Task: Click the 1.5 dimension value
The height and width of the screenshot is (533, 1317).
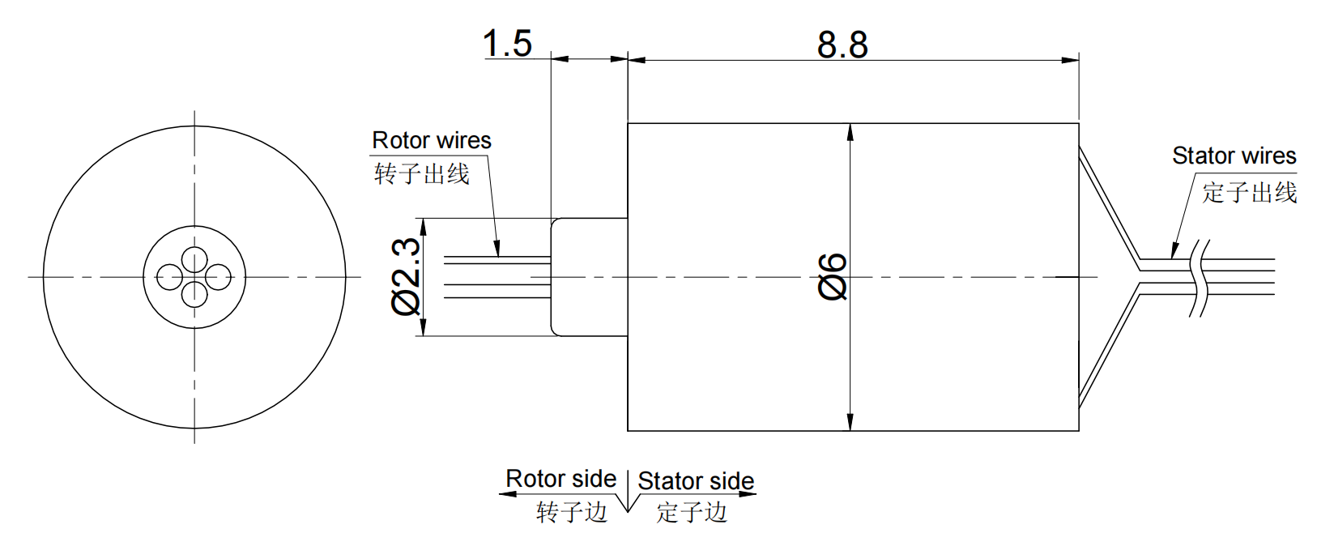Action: coord(507,44)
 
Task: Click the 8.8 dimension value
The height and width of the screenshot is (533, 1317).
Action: coord(842,45)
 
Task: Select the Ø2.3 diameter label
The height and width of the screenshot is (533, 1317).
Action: coord(407,276)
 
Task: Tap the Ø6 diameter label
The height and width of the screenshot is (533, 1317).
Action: coord(833,276)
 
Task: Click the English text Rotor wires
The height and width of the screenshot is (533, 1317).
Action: coord(432,141)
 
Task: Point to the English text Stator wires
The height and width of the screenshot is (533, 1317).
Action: coord(1234,156)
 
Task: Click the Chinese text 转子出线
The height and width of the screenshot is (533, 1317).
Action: coord(422,174)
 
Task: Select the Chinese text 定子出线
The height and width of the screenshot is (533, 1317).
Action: coord(1249,193)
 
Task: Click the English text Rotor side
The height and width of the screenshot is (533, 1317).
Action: coord(560,479)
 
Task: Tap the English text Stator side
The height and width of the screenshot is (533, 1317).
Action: coord(696,481)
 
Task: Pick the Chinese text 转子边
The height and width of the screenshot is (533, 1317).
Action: coord(571,512)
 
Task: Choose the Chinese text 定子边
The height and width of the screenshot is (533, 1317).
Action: coord(692,512)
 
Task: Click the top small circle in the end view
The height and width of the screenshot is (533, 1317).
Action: coord(194,260)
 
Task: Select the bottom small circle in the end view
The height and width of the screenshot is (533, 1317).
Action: coord(194,294)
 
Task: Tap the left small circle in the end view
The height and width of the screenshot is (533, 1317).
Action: coord(169,277)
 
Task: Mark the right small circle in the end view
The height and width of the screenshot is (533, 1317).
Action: coord(219,277)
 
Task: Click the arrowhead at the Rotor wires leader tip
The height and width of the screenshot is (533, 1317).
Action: coord(497,250)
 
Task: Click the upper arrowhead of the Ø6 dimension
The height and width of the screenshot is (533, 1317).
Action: coord(850,131)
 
